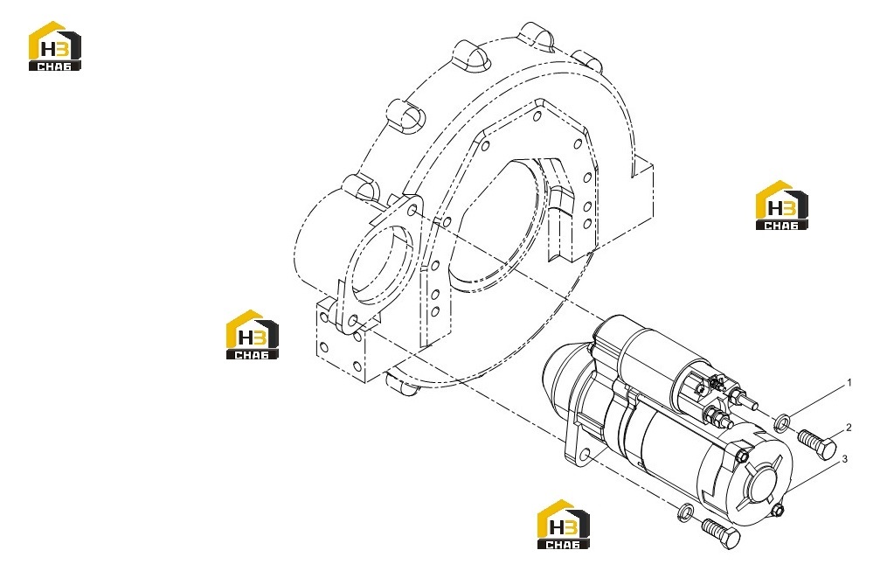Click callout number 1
[x=849, y=383]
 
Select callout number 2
[x=849, y=428]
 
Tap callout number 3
[x=845, y=458]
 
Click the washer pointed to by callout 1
[x=781, y=422]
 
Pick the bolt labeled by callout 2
[x=817, y=444]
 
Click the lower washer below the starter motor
[x=685, y=512]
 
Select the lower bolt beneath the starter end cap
[x=721, y=533]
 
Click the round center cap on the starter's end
[x=762, y=484]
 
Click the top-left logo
[x=55, y=45]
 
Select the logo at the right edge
[x=781, y=205]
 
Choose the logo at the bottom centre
[x=564, y=525]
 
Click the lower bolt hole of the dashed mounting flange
[x=352, y=320]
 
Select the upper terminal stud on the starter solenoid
[x=742, y=395]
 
